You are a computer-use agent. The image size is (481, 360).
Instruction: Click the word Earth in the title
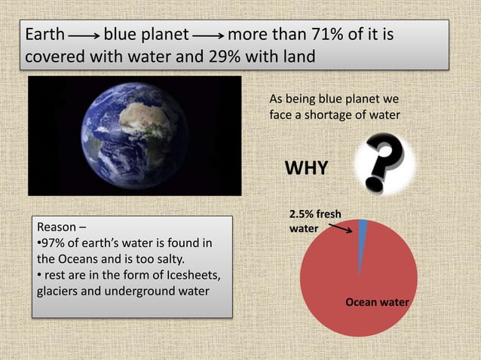[x=44, y=35]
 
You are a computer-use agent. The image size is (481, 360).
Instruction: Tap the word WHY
[x=305, y=168]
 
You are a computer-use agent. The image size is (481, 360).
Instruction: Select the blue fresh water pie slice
[x=363, y=233]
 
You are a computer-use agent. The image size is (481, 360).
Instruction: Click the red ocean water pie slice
[x=354, y=294]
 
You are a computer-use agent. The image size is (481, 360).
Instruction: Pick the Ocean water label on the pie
[x=377, y=302]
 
